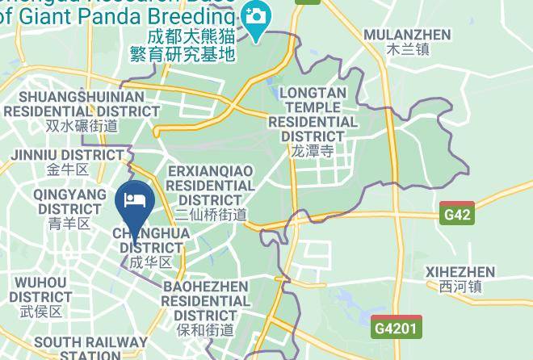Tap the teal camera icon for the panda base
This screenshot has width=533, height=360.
coord(256,16)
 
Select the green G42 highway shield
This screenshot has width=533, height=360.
coord(457,215)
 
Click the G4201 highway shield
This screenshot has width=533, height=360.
coord(397,328)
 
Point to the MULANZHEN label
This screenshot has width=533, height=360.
coord(407,34)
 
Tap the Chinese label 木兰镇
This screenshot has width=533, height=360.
coord(407,49)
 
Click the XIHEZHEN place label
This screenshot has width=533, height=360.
coord(460,271)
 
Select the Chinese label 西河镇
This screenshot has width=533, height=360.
coord(460,287)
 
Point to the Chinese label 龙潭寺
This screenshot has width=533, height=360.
coord(313,151)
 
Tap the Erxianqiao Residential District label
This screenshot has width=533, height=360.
coord(210,185)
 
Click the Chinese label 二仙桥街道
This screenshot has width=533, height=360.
coord(210,214)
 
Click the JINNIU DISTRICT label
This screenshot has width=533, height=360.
coord(67,154)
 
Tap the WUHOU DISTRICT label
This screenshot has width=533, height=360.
coord(40,289)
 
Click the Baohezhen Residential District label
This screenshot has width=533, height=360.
coord(205,300)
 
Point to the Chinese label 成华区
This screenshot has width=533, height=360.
coord(151,262)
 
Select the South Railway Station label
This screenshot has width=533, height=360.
coord(78,348)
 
